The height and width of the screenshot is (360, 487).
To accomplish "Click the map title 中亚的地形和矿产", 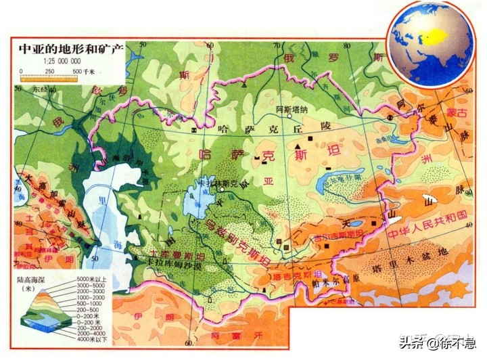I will click(70, 49).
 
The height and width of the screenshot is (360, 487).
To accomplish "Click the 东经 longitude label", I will click(31, 89).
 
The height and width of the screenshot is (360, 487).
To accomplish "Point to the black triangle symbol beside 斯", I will click(298, 147).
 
